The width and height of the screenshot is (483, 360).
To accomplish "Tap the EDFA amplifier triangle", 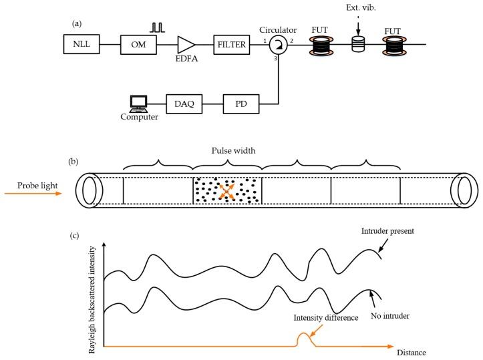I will tap(185, 45).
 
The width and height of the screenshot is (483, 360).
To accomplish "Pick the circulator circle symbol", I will tap(277, 45).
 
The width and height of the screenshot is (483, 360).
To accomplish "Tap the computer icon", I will tap(138, 104).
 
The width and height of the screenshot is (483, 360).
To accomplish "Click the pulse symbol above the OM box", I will tap(157, 27).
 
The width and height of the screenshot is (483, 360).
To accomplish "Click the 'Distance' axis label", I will tap(410, 352).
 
